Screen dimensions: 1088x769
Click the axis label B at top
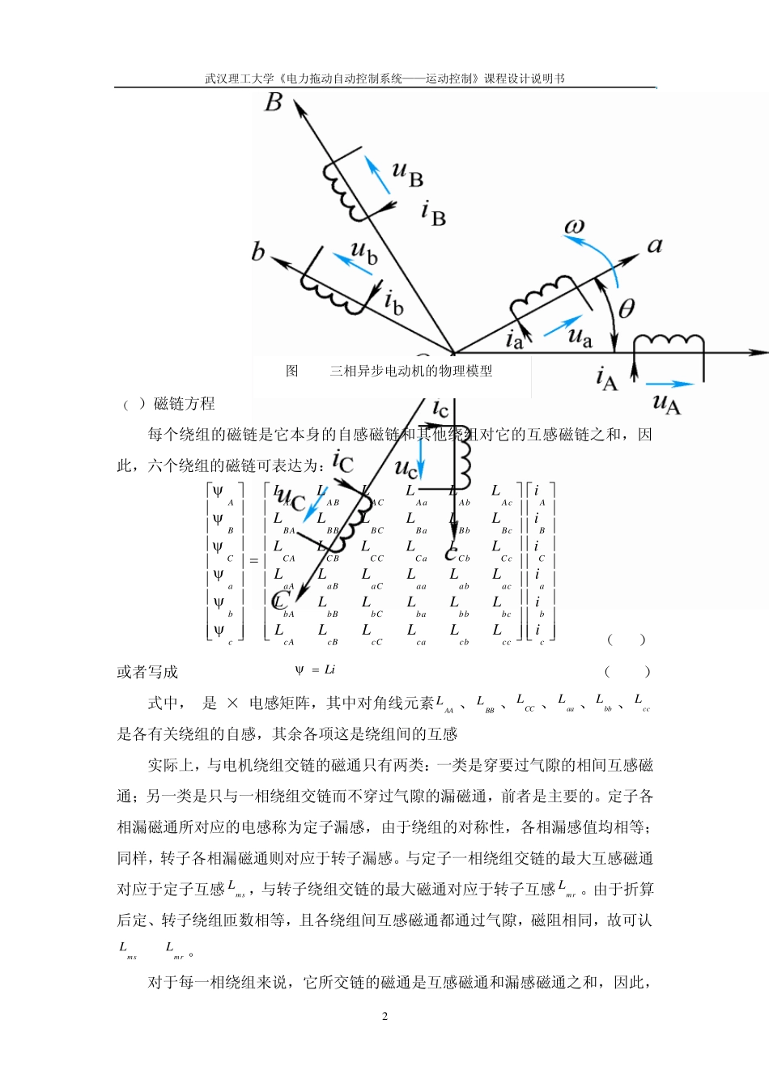(x=274, y=103)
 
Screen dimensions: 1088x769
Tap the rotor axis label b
(x=257, y=252)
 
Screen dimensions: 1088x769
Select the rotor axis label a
(x=655, y=245)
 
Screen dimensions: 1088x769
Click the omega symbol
(x=574, y=227)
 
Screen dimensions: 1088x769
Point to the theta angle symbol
(x=627, y=308)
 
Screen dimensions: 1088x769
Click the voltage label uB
(x=407, y=173)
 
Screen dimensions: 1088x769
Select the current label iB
(x=434, y=213)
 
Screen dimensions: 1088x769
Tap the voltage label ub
(x=364, y=253)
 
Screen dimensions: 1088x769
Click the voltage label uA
(x=666, y=402)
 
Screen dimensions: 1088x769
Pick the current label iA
(x=606, y=378)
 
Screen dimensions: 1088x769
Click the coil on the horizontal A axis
(x=669, y=342)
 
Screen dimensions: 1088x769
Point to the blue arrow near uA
(x=671, y=384)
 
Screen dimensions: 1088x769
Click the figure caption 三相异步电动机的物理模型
(x=410, y=371)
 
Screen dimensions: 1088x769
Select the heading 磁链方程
(x=184, y=403)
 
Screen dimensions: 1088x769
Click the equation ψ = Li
(x=315, y=670)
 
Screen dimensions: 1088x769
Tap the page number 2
(x=384, y=1016)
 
